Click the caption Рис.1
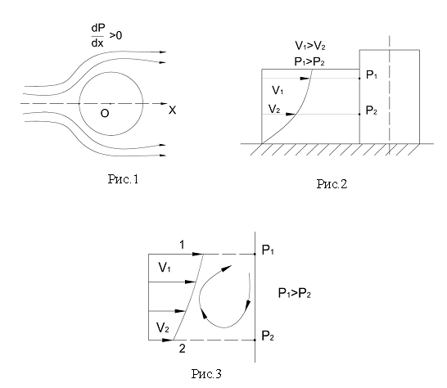[x=123, y=179]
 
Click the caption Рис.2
[x=332, y=184]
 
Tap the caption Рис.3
[x=206, y=373]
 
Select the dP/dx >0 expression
[x=106, y=36]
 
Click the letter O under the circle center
[x=105, y=114]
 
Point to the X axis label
[x=172, y=110]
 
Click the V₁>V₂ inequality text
[x=310, y=46]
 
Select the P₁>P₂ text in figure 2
[x=309, y=61]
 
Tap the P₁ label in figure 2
[x=372, y=75]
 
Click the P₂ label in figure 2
[x=372, y=111]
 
